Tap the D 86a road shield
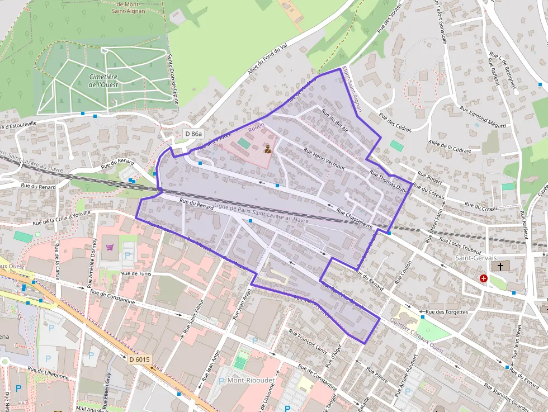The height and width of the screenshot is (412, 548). tap(193, 134)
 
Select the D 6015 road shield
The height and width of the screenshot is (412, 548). tap(138, 359)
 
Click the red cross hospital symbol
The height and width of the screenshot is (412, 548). tap(483, 278)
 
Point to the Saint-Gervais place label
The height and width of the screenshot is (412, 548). tap(476, 258)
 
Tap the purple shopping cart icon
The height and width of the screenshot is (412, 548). tap(110, 247)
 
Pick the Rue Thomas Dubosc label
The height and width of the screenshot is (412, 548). tap(391, 183)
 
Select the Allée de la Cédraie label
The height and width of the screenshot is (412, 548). tap(449, 146)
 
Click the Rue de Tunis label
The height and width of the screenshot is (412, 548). tap(137, 274)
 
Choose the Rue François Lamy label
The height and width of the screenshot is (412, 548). tap(307, 341)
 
